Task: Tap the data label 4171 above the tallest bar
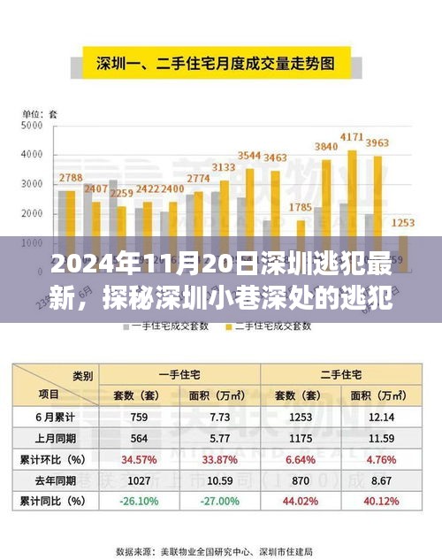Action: click(x=352, y=137)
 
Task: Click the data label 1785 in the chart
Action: click(x=301, y=208)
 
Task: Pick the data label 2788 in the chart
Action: click(x=71, y=179)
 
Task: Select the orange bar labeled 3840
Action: click(x=326, y=198)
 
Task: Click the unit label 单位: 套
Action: click(x=41, y=113)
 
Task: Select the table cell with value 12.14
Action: click(x=379, y=417)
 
